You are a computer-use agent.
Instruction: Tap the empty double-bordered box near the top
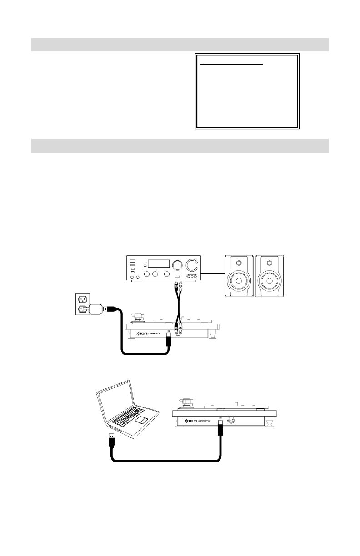point(247,91)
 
